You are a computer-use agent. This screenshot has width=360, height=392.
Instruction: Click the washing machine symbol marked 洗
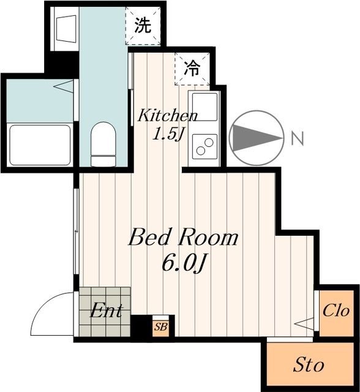click(142, 26)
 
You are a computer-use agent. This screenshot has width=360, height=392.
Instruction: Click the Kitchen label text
click(167, 115)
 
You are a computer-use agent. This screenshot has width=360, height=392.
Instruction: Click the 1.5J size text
click(167, 133)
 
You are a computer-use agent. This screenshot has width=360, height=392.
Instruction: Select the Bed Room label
click(182, 238)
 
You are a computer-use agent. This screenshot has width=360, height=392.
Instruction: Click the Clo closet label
click(336, 311)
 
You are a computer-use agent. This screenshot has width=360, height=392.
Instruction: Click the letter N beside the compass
click(298, 139)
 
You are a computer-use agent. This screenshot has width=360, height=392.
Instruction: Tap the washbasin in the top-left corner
click(63, 28)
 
